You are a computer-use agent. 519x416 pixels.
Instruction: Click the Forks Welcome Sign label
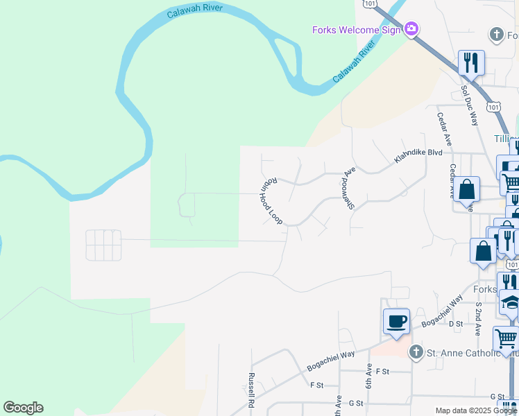pos(356,30)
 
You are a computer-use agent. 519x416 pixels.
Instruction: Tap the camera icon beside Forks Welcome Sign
pos(411,29)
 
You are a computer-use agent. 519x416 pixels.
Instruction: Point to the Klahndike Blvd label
pos(418,157)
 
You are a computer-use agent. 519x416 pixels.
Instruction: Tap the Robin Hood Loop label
pos(271,201)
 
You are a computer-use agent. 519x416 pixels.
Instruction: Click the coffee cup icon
pos(396,322)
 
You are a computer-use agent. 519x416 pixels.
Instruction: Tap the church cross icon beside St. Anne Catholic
pos(416,352)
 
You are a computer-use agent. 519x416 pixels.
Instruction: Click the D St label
pos(456,324)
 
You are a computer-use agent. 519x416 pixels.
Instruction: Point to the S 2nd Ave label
pos(478,313)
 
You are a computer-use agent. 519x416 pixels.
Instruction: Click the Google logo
pos(23,408)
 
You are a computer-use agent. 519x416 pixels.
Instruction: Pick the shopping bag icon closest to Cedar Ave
pos(468,189)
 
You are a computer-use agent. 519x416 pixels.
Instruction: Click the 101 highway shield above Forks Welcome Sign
pos(370,4)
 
